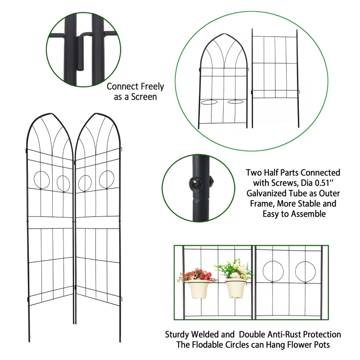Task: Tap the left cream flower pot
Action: (x=197, y=289)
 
